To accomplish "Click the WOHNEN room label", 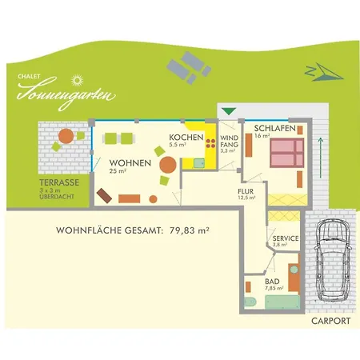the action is (x=130, y=163).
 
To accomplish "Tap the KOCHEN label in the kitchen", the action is (x=186, y=138).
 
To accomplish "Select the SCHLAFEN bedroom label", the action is (x=275, y=128).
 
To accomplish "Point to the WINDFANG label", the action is (x=230, y=142).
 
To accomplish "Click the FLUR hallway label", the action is (x=246, y=191).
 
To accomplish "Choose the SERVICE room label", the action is (x=286, y=238).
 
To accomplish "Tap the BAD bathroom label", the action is (x=272, y=282).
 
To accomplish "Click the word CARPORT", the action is (x=330, y=321).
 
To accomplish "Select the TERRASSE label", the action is (x=59, y=182).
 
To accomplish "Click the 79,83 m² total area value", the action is (x=189, y=230).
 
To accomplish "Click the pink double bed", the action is (x=287, y=153).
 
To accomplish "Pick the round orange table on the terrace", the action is (x=66, y=136).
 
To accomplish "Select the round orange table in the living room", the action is (x=168, y=165).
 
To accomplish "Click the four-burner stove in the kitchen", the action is (x=210, y=143).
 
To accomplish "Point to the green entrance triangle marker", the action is (x=229, y=111).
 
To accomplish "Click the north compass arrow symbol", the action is (x=324, y=72).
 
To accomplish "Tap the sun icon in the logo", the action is (x=78, y=80).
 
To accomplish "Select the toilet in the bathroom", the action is (x=250, y=302).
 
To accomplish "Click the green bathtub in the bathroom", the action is (x=282, y=302).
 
